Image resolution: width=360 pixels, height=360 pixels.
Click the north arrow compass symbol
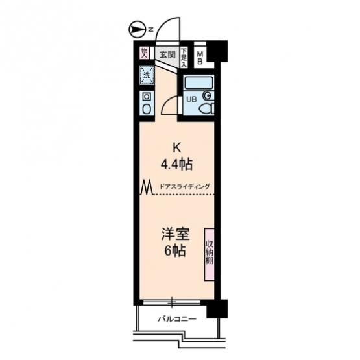138,30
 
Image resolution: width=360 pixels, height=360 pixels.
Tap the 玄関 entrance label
167,54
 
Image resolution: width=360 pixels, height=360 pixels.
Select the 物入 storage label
144,53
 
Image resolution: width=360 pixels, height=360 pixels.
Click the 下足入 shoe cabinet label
184,57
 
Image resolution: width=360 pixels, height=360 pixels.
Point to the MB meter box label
200,58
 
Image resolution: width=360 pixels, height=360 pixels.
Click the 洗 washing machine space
147,75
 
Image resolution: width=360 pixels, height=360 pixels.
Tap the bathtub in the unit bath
199,83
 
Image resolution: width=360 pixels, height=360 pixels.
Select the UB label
191,99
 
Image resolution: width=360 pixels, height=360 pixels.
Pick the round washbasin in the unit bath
208,95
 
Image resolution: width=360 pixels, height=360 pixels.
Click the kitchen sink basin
147,109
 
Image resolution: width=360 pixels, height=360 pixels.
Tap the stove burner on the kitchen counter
147,97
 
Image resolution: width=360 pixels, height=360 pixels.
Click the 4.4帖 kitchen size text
176,164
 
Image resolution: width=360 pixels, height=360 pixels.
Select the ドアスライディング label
185,186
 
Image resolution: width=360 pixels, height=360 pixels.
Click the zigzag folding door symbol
147,187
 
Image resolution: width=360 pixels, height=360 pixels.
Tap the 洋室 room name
175,234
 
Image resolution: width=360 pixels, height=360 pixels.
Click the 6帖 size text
175,251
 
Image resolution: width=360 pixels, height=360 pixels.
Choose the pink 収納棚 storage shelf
209,254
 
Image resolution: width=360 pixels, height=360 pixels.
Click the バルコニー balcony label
177,319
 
